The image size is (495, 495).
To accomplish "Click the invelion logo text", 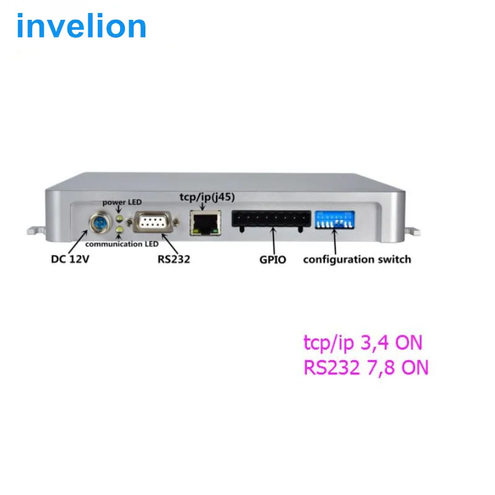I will click(x=81, y=26).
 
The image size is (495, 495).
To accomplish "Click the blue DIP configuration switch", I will click(x=335, y=220).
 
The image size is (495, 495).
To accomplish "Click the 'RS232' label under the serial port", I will click(x=173, y=259).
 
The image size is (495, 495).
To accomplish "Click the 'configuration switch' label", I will click(x=356, y=259).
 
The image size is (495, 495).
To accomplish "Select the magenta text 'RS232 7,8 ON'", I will click(x=366, y=368).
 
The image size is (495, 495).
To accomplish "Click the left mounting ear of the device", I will click(x=34, y=230).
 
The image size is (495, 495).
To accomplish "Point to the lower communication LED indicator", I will click(x=118, y=230).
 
